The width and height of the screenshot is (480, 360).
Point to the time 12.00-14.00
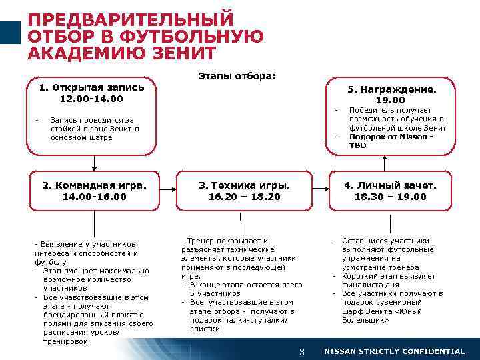[91, 99]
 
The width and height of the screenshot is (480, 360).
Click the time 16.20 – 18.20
[244, 197]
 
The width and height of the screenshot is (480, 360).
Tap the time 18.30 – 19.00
[390, 197]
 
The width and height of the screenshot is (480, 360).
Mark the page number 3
[301, 351]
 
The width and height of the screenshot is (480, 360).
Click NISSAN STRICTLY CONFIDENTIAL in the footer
[394, 351]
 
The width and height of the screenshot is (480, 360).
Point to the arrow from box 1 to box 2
[94, 162]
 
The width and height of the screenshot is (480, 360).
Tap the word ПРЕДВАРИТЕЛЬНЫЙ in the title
[131, 18]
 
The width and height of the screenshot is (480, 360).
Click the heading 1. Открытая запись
[91, 87]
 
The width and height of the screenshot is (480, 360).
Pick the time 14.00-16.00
[94, 197]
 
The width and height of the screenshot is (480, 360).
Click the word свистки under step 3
[205, 329]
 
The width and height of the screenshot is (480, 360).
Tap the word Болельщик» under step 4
[366, 320]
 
